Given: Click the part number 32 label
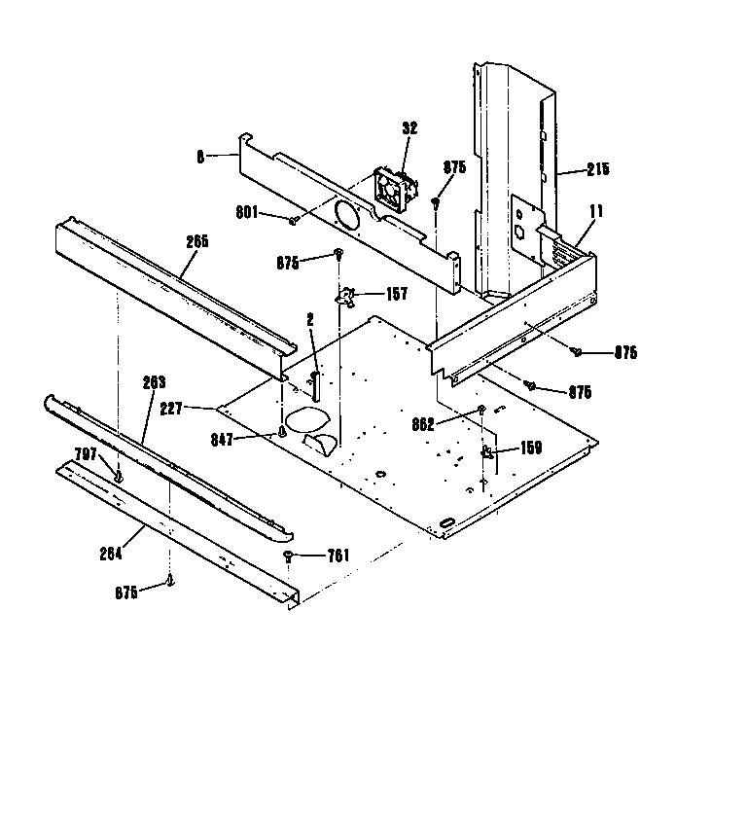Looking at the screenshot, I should (x=409, y=127).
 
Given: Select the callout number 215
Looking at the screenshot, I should (x=597, y=169).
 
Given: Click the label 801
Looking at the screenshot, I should (x=247, y=214).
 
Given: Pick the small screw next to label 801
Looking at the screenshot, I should (x=293, y=221).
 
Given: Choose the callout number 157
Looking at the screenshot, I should (x=396, y=295).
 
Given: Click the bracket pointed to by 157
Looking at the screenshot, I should (x=346, y=295).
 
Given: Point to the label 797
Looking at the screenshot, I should (x=87, y=454).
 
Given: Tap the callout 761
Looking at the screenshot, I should (x=338, y=556).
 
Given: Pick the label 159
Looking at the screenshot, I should (x=530, y=448).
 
